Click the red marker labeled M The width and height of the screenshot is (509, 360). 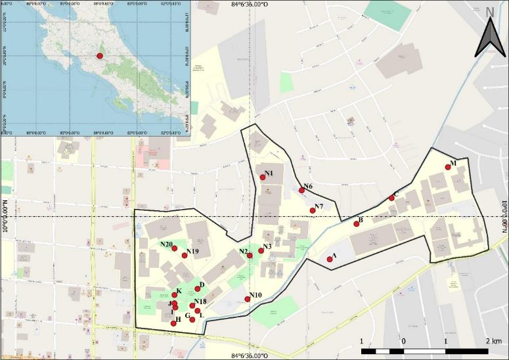(x=448, y=167)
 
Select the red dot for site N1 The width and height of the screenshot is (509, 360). (x=263, y=177)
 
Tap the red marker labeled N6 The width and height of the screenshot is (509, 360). (x=301, y=191)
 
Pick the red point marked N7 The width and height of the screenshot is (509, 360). (x=313, y=210)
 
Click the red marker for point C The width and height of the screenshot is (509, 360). (x=391, y=198)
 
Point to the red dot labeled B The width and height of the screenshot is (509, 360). (x=357, y=224)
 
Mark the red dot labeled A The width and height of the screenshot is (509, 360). (x=330, y=259)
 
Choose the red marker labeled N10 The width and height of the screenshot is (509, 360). (x=248, y=300)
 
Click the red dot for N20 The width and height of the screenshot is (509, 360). (x=175, y=248)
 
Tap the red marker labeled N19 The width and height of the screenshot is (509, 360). (x=185, y=256)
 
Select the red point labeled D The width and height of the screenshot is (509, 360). (x=197, y=289)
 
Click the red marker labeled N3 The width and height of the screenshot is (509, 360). (x=261, y=251)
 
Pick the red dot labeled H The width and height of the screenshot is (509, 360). (x=173, y=323)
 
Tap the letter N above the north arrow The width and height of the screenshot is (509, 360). (x=490, y=12)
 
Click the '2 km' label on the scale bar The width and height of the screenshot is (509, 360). (x=493, y=342)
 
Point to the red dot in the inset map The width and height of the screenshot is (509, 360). (x=100, y=56)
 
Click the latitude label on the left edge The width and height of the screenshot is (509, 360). (x=5, y=217)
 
